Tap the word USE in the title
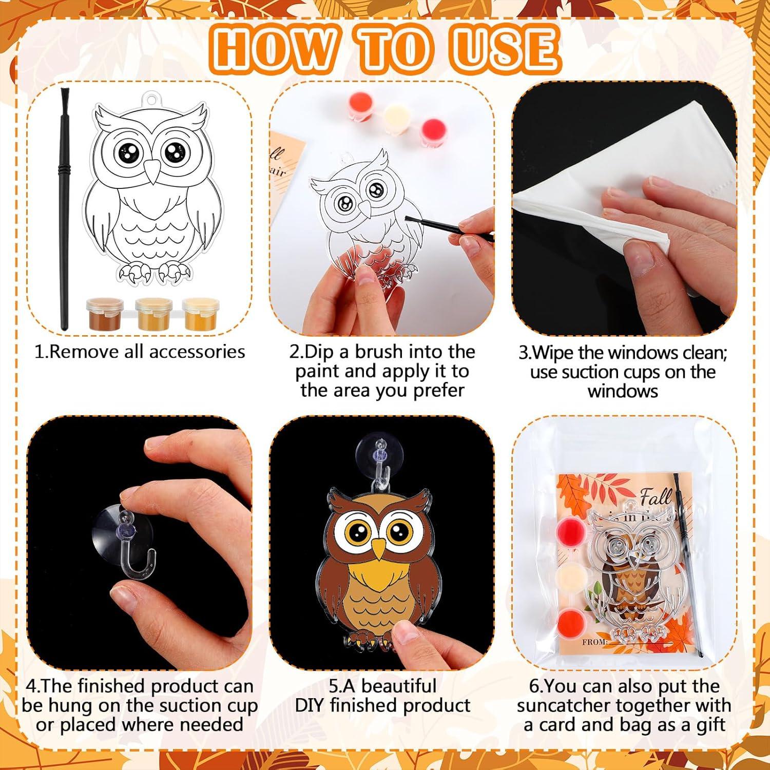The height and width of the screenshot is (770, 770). pos(506,49)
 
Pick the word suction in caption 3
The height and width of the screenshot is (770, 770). pos(590,372)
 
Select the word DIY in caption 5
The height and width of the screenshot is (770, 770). pos(310,705)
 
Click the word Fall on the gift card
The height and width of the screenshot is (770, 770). pos(656,497)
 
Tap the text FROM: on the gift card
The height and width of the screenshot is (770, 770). pos(594,642)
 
